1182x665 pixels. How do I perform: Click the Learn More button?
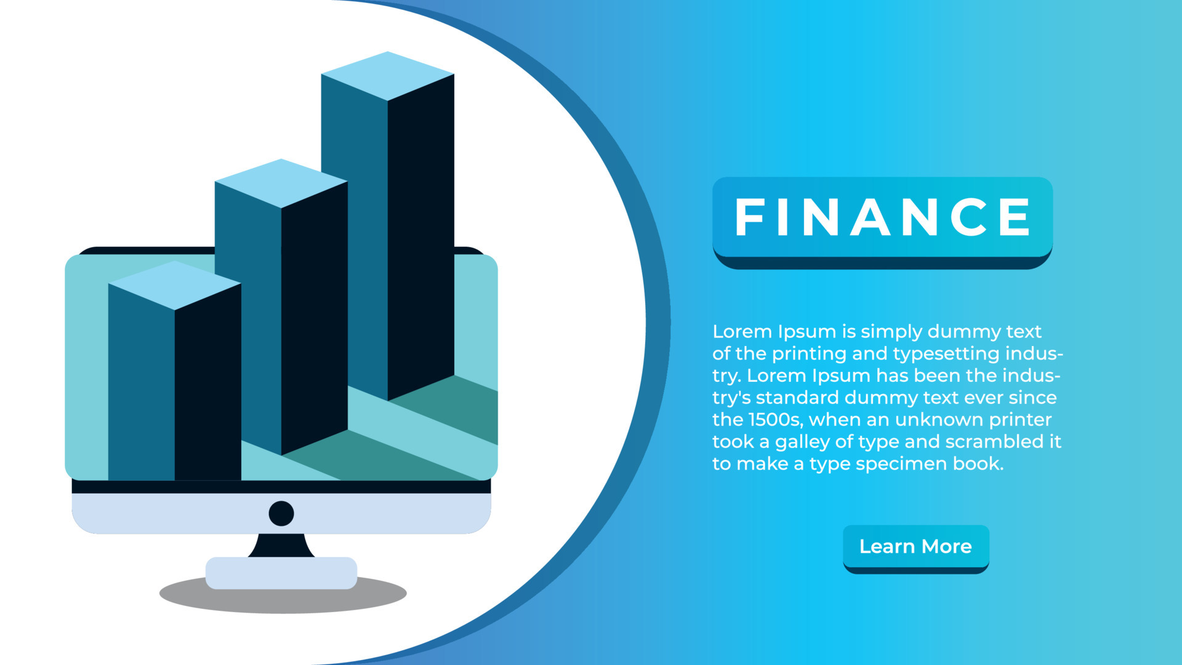[x=915, y=547]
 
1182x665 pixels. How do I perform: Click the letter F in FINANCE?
[x=749, y=217]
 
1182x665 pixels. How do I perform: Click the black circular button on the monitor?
[x=281, y=514]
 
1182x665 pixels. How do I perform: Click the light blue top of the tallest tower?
[x=387, y=75]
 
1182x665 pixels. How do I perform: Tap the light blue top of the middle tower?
[x=281, y=183]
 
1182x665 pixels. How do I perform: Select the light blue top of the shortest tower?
[x=174, y=284]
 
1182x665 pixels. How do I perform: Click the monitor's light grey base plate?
[x=281, y=573]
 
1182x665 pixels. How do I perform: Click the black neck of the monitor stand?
[x=281, y=546]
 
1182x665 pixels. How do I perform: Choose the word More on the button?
[x=947, y=547]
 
